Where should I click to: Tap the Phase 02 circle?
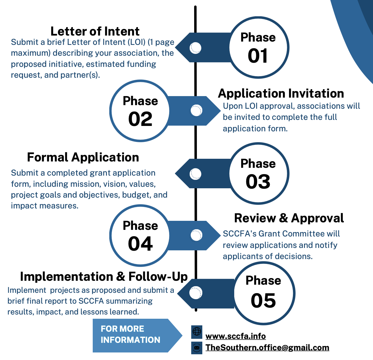[x=140, y=111]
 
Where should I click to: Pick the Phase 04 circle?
[x=140, y=236]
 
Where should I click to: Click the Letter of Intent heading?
[x=95, y=31]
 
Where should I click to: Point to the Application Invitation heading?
[x=281, y=93]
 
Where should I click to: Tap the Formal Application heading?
[x=83, y=157]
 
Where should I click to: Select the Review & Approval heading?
[x=289, y=218]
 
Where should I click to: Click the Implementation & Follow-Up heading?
[x=104, y=277]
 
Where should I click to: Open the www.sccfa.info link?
[x=235, y=336]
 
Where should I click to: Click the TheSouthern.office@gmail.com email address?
[x=267, y=347]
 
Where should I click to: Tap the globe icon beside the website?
[x=197, y=332]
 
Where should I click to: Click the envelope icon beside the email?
[x=197, y=348]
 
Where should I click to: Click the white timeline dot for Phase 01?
[x=196, y=48]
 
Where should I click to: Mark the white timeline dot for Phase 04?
[x=196, y=235]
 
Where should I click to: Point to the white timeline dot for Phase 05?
[x=196, y=293]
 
